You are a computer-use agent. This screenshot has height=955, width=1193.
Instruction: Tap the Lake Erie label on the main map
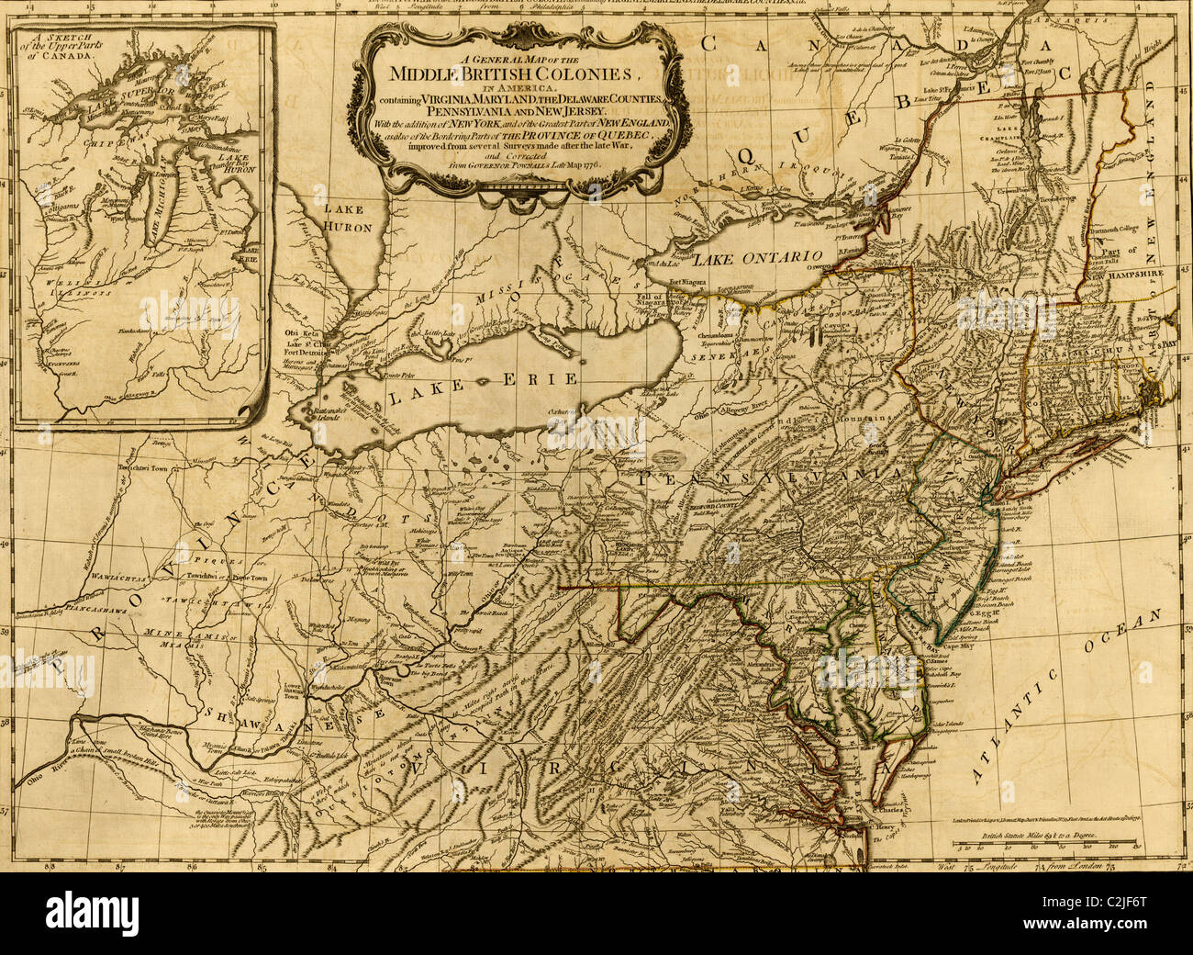482,386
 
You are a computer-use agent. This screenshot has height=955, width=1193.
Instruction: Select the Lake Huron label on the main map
347,219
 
